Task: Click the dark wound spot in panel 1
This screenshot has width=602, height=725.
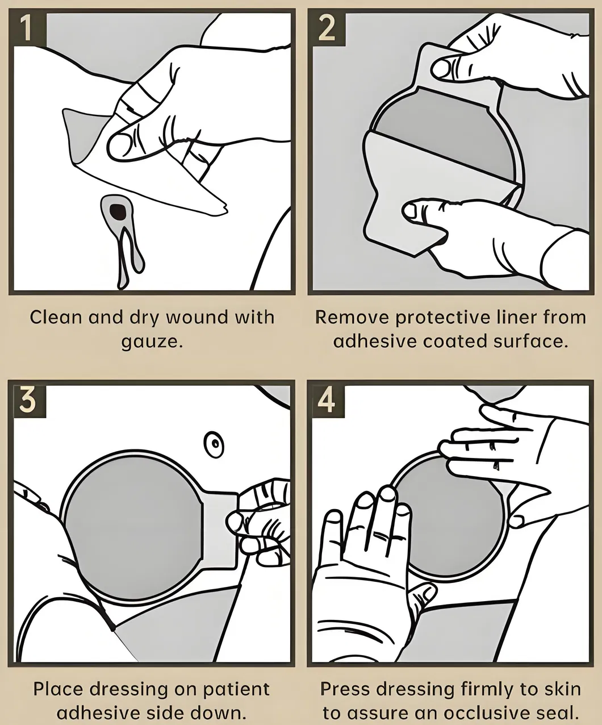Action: click(x=118, y=211)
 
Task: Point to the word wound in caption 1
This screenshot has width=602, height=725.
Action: click(x=198, y=318)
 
